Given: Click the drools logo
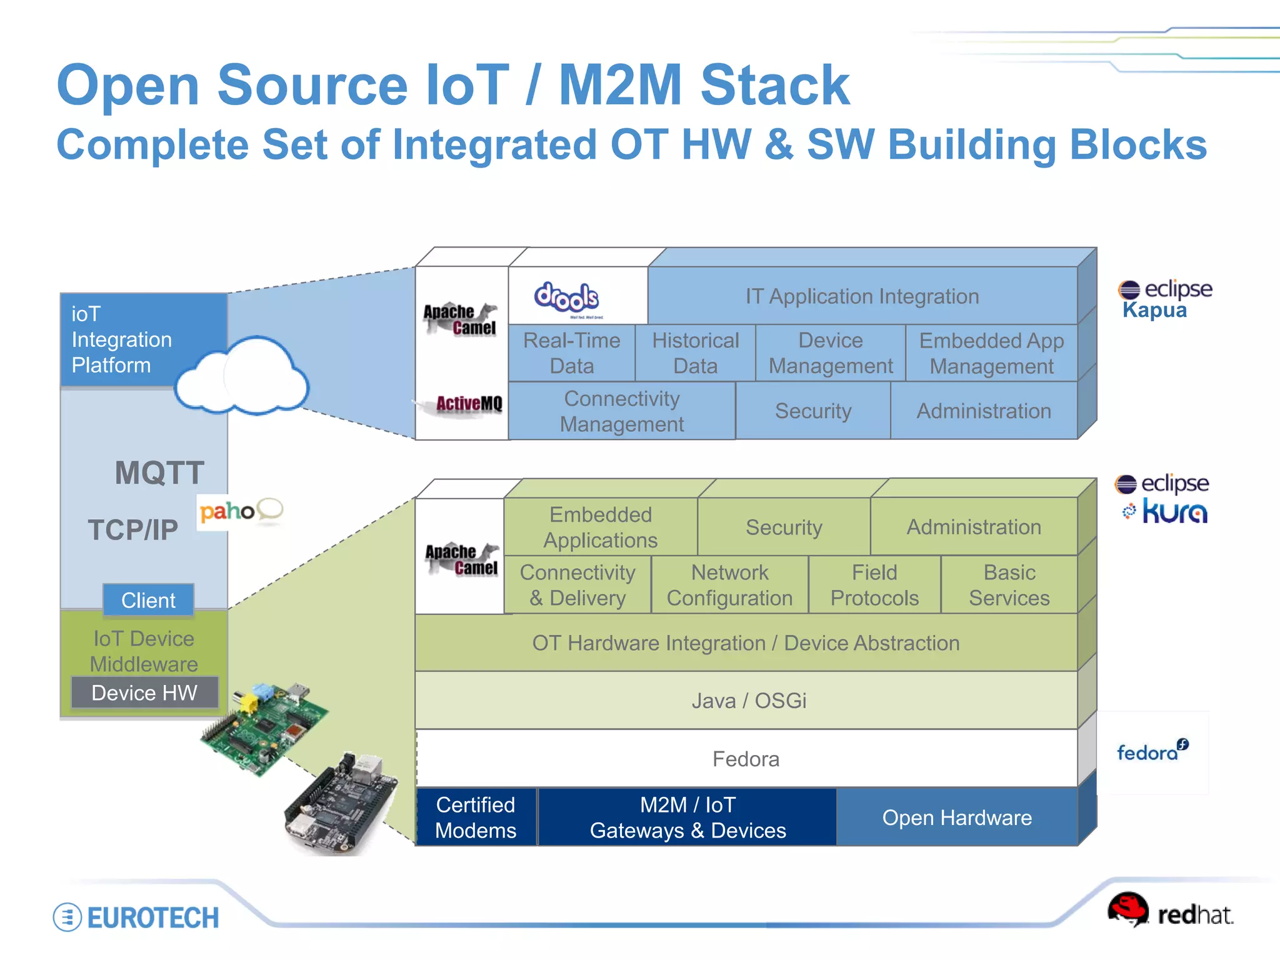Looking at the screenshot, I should [x=566, y=297].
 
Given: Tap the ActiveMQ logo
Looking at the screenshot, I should [x=468, y=404].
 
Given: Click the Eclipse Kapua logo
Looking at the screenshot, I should [x=1164, y=299].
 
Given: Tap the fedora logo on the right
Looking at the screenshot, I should [x=1152, y=750].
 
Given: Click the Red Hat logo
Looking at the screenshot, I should [x=1169, y=911].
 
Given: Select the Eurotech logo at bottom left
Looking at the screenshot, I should [x=136, y=917].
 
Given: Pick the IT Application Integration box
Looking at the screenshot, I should [x=862, y=296].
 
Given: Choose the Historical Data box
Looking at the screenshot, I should [x=695, y=353].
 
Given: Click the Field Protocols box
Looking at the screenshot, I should [x=874, y=585].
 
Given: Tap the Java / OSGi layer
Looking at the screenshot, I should [x=747, y=701].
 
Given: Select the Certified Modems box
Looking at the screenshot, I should [x=476, y=817].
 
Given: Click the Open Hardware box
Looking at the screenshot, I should [x=956, y=817].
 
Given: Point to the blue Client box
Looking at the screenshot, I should [x=148, y=600].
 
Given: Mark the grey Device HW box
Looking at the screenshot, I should [x=144, y=692].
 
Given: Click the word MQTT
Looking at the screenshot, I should [x=159, y=473].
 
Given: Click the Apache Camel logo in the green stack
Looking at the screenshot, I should [x=461, y=559].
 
